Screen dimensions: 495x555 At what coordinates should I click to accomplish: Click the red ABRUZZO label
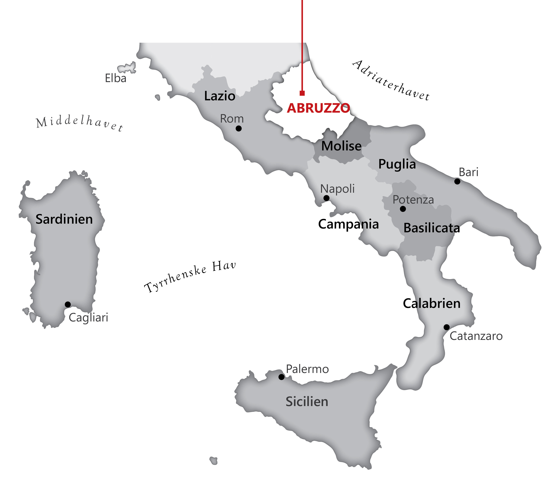(x=318, y=108)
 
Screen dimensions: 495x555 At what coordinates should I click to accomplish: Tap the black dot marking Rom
(x=239, y=128)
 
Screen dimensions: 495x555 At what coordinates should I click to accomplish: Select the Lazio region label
(x=220, y=96)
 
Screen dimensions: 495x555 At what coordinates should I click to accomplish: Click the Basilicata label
(x=432, y=228)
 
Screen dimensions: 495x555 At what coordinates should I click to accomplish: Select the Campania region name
(x=348, y=224)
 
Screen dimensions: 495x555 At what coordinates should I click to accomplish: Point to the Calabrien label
(x=432, y=304)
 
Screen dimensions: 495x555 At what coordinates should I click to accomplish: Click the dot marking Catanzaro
(x=447, y=327)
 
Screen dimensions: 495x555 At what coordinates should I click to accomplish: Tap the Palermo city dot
(x=281, y=377)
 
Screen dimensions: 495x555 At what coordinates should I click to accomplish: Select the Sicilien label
(x=307, y=402)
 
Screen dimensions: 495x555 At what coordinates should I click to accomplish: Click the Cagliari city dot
(x=68, y=304)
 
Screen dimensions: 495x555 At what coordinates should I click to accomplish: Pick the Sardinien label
(x=64, y=219)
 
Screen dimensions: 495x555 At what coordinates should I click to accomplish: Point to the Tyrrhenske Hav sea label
(x=190, y=277)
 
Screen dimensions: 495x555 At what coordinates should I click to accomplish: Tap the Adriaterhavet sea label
(x=391, y=80)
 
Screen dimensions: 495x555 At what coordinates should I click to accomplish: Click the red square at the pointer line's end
(x=302, y=93)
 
